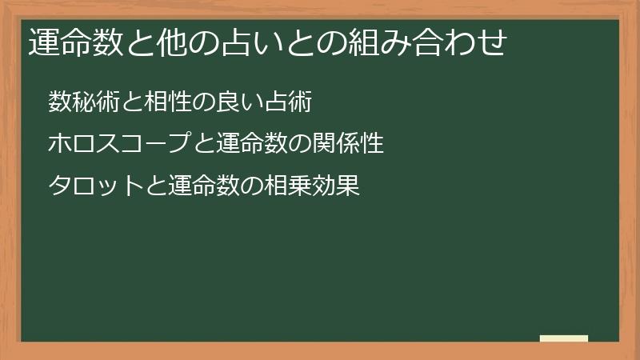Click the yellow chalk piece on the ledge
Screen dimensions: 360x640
564,338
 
